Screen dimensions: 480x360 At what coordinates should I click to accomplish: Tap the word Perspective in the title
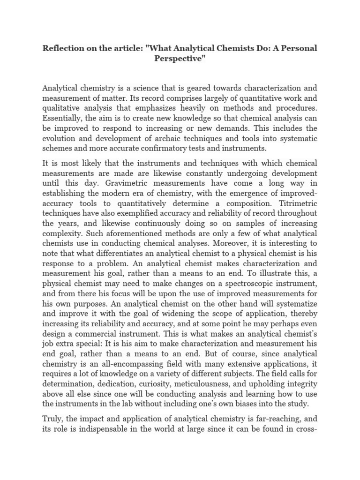180,60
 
